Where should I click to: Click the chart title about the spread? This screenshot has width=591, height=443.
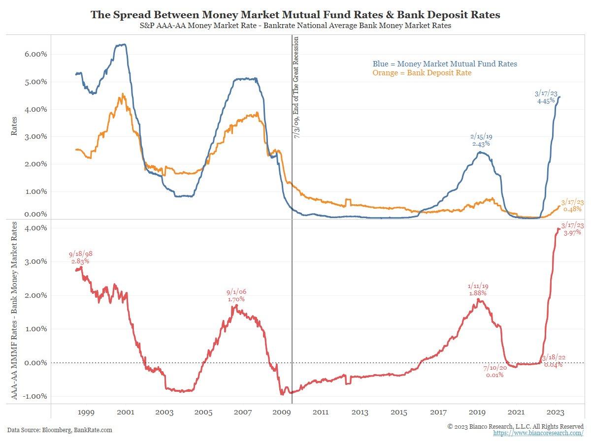pos(295,15)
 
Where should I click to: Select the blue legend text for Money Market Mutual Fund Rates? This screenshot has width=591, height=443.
pos(445,63)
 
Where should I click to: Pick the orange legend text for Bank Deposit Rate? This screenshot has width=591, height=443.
pos(422,73)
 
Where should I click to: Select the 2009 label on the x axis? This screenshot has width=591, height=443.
pos(281,411)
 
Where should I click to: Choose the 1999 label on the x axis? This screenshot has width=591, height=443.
pos(86,411)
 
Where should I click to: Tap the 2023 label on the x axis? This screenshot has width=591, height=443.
pos(556,411)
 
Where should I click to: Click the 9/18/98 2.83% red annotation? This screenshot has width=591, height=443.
pos(81,257)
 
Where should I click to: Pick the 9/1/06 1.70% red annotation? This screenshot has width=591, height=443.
pos(236,295)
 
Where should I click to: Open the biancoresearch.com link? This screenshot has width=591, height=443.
pos(538,433)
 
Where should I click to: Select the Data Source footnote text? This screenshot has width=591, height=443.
pos(60,430)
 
